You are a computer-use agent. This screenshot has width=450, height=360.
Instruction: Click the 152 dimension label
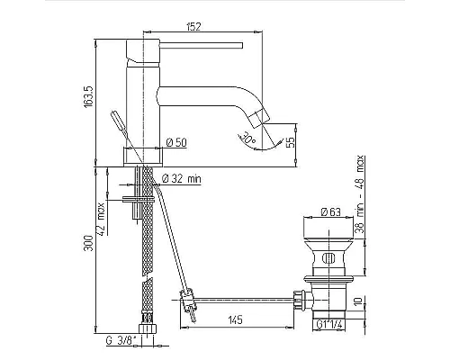tap(193, 26)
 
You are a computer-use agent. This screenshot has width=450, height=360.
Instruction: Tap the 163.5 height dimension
tap(89, 97)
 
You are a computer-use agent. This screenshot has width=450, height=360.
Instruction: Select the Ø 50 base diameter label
tap(176, 142)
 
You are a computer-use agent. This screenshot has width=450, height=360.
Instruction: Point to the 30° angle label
tap(248, 137)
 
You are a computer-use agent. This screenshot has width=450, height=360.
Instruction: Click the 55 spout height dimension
tap(290, 142)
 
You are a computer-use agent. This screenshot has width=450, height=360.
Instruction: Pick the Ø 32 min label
tap(182, 179)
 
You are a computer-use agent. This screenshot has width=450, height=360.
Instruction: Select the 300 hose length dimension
tap(89, 243)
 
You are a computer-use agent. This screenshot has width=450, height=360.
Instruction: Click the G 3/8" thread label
tap(121, 341)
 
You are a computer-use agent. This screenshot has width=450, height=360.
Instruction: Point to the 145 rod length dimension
tap(235, 320)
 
